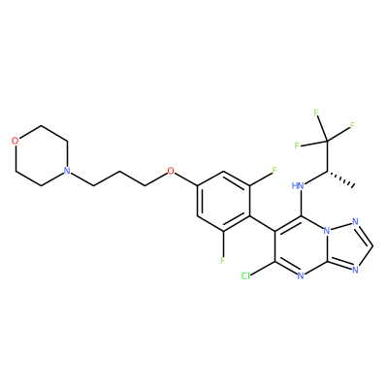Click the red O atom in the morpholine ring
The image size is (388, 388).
coord(15,141)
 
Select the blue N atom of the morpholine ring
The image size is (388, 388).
coord(67,171)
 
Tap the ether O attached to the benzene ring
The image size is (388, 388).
coord(171,171)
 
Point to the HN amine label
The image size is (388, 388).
coord(298,185)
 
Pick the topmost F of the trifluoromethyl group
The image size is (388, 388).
coord(316,113)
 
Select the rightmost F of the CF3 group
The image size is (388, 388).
coord(352,125)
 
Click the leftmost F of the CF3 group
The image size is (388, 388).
coord(297,146)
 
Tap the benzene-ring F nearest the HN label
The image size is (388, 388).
coord(275,171)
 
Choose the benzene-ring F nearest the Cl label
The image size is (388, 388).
coord(222,260)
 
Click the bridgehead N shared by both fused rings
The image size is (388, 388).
coord(327,232)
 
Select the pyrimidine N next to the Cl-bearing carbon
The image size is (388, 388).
coord(301,275)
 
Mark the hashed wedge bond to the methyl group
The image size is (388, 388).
coord(340,178)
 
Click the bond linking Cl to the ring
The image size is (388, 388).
coord(263,269)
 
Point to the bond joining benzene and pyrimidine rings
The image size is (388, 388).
coord(262,224)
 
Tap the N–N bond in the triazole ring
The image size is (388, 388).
coord(341,227)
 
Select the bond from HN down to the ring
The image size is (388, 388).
coord(301,204)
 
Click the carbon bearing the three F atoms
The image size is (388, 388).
coord(327,141)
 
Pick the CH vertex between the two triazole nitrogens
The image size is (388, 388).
coord(373,246)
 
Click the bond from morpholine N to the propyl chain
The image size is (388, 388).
coord(82,178)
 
